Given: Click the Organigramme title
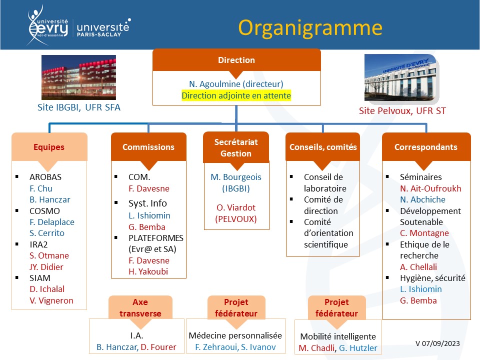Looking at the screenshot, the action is point(310,28).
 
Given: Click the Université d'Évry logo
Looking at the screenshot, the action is point(48,25).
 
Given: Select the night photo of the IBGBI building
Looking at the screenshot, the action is point(78,77).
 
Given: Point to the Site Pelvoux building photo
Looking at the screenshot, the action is point(401,78).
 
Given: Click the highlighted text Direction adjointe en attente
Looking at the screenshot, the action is point(236,95).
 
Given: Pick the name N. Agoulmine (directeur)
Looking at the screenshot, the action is point(236,84).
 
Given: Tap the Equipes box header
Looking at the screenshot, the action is point(49,147).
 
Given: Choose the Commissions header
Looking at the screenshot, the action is point(148,147).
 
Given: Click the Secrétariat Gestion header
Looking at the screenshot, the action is point(236,147).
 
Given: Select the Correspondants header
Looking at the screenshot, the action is point(426,147).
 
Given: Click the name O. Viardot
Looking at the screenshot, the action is point(236,207).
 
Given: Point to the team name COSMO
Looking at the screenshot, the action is point(44,211).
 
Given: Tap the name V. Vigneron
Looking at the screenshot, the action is point(51,300).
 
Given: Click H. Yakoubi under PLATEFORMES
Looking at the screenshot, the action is point(148,271).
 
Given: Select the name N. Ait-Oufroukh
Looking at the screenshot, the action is point(430,188).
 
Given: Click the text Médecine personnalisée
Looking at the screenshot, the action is point(235,335).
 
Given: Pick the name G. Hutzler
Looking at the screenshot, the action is point(358,348).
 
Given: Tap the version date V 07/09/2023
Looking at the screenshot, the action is point(437,343).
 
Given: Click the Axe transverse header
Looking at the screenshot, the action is point(140,307).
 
